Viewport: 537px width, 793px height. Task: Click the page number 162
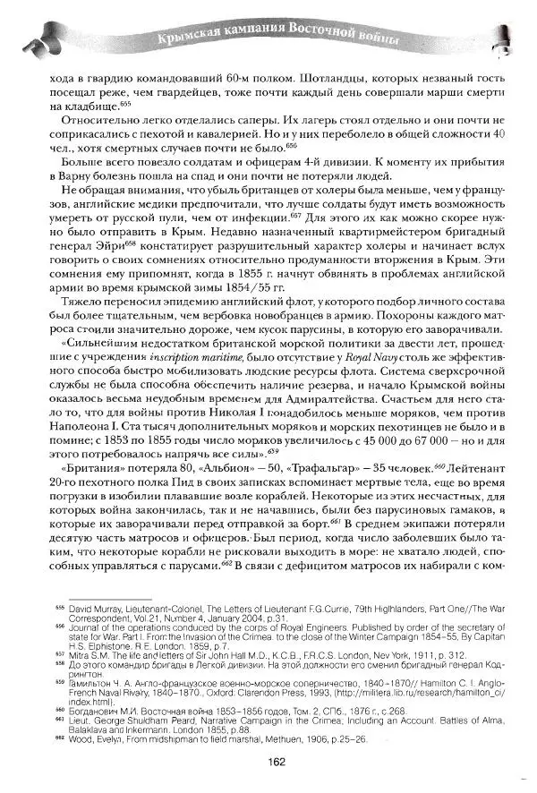coord(276,763)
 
